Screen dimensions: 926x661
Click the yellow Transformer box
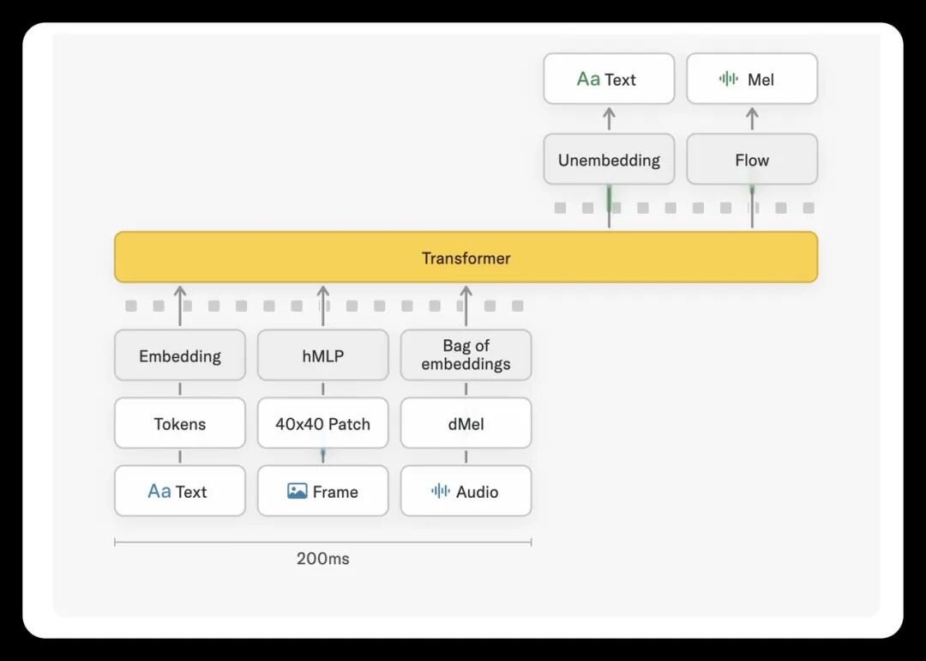point(466,258)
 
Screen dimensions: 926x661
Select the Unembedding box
point(609,159)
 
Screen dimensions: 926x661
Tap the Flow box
point(752,159)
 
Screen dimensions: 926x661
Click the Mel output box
point(752,79)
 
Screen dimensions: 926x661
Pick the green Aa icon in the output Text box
point(588,79)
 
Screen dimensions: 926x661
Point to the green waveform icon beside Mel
point(729,79)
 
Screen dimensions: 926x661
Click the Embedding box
point(180,355)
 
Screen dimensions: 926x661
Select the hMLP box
point(323,355)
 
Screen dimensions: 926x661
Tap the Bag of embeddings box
point(466,355)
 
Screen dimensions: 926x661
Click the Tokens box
point(180,422)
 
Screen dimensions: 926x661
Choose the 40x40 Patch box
point(323,422)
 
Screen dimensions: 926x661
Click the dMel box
point(466,422)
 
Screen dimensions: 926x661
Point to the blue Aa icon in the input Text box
point(159,491)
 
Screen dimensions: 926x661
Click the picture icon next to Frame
point(297,491)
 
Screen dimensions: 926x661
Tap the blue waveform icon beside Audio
point(441,491)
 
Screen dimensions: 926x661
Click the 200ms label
point(323,559)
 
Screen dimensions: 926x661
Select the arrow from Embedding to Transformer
point(180,306)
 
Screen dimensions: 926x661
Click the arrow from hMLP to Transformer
point(323,306)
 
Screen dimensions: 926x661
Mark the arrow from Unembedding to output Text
point(609,118)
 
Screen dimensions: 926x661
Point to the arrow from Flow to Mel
point(752,118)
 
